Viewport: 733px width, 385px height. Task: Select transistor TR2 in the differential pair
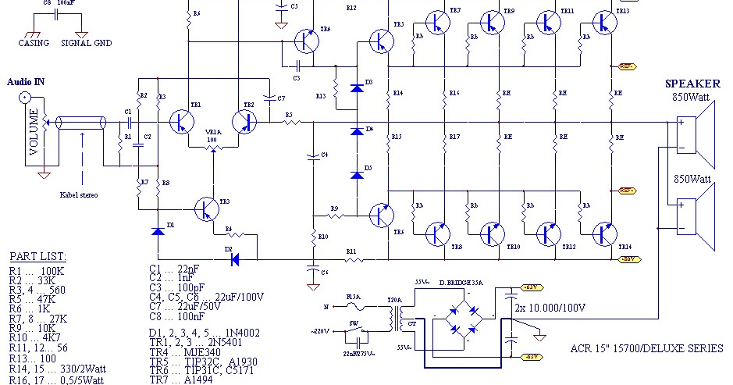(245, 122)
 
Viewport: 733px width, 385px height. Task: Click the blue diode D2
(233, 259)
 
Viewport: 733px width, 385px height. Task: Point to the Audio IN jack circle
(26, 98)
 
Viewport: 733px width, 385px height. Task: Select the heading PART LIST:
(37, 257)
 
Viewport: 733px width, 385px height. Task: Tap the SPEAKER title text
(693, 84)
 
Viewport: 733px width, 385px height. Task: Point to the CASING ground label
(33, 43)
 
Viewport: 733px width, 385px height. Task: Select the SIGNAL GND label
(86, 43)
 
